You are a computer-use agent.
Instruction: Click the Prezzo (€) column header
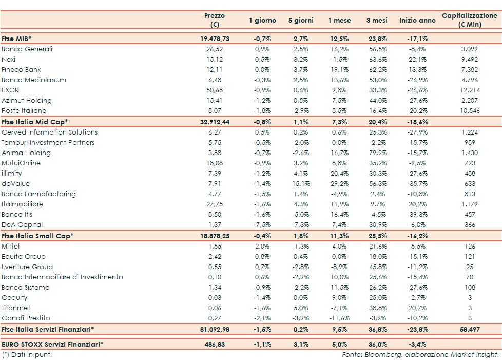[x=214, y=21]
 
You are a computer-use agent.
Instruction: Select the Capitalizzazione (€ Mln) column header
[x=469, y=21]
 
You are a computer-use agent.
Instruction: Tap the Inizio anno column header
[x=417, y=21]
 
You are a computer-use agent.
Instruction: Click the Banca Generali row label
[x=27, y=49]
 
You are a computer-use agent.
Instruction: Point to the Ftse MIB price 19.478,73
[x=215, y=39]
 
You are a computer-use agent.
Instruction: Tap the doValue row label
[x=15, y=184]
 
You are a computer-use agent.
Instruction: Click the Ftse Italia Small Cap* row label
[x=37, y=236]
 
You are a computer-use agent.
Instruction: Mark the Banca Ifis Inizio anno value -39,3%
[x=417, y=215]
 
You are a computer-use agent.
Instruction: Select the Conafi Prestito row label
[x=26, y=318]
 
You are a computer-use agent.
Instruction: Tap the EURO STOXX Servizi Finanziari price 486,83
[x=215, y=344]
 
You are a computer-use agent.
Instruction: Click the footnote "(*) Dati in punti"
[x=27, y=354]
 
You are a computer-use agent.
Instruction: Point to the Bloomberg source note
[x=420, y=354]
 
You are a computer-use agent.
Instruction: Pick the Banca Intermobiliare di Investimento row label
[x=62, y=277]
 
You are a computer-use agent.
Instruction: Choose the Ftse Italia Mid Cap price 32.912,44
[x=215, y=122]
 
